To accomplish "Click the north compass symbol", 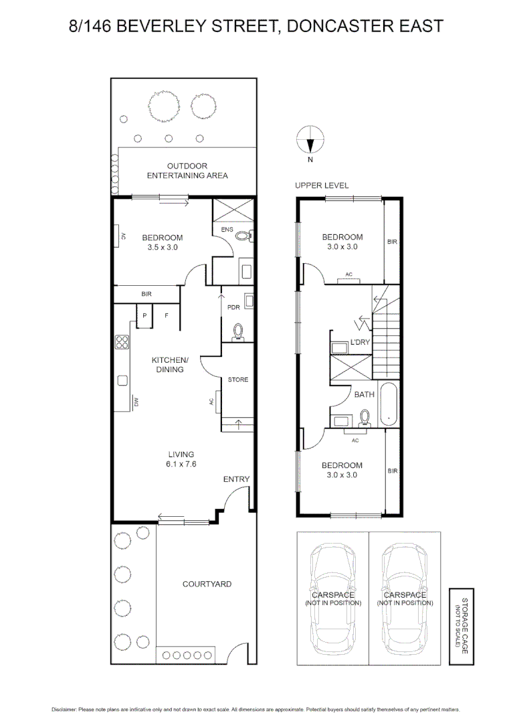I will click(310, 141).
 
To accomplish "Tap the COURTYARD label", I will click(207, 584).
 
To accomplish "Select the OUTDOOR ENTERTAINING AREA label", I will click(187, 171).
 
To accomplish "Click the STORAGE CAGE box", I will click(460, 627).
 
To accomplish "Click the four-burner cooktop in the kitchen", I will click(122, 342).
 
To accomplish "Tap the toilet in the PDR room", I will click(237, 331).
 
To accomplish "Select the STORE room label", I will click(237, 380).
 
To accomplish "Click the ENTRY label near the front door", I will click(236, 479).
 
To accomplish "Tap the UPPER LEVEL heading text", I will click(322, 185).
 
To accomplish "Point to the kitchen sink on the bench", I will click(122, 380).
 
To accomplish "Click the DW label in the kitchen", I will click(135, 402).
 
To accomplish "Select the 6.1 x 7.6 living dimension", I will click(181, 463).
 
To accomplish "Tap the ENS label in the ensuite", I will click(227, 230).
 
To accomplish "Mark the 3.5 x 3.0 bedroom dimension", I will click(162, 247).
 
